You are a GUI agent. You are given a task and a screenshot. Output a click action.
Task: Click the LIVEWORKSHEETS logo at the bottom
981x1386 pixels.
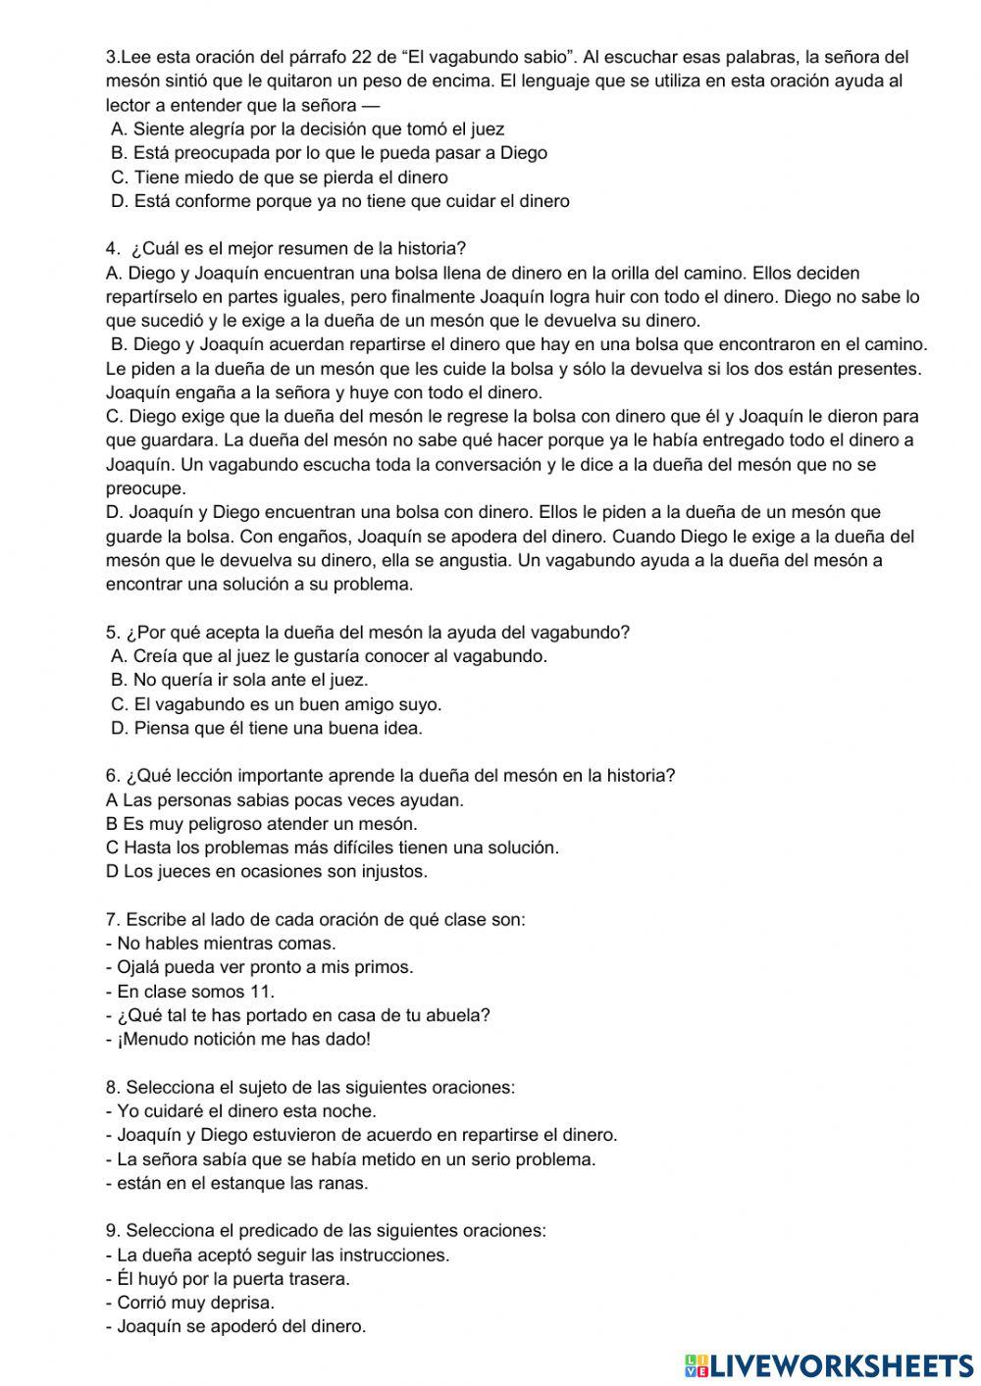[x=829, y=1364]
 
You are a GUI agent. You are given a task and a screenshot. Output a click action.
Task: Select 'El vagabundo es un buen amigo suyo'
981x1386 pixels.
[x=277, y=704]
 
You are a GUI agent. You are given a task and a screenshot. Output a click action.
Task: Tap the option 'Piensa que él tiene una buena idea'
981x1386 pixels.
[x=267, y=728]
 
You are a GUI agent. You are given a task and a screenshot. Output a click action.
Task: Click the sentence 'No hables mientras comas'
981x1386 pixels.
[x=226, y=944]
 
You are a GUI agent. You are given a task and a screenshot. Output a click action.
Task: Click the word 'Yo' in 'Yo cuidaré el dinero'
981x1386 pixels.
[x=128, y=1111]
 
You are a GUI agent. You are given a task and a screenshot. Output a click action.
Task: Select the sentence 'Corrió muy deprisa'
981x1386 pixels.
[x=195, y=1303]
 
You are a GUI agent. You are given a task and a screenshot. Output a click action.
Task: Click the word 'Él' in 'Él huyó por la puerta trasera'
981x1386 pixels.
[x=127, y=1279]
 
